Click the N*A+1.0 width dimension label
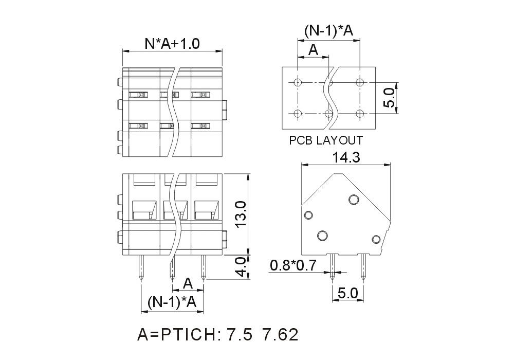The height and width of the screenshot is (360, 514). click(172, 44)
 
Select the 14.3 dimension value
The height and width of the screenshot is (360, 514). click(346, 158)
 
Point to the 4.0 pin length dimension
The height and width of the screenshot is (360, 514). click(241, 267)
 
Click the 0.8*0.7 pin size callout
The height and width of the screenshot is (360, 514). click(293, 265)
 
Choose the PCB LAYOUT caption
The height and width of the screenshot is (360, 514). click(326, 140)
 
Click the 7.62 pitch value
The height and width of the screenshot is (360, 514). click(280, 335)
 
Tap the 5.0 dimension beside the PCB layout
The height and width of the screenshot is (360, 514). click(389, 98)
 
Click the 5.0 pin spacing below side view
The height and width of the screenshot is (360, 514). click(348, 293)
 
